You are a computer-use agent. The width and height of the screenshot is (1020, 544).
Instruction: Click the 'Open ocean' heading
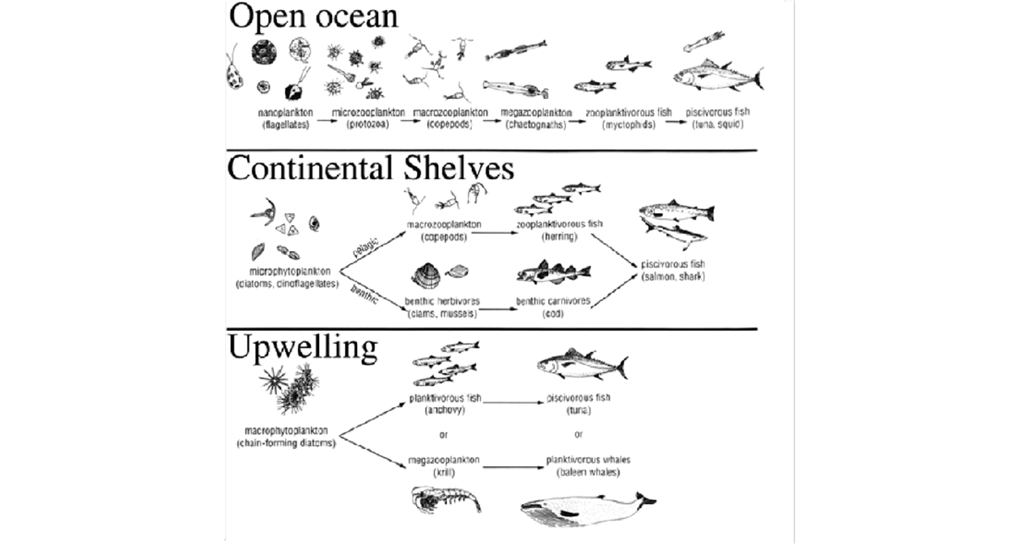(313, 16)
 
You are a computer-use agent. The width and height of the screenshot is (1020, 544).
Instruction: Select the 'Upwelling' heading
(302, 347)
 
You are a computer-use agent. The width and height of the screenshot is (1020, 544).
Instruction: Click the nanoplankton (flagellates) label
(286, 118)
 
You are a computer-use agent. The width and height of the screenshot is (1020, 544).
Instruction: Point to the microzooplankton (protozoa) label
(368, 118)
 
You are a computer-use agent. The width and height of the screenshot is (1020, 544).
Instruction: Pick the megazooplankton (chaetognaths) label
(536, 119)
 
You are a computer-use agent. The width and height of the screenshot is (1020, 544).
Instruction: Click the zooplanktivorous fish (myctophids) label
(628, 118)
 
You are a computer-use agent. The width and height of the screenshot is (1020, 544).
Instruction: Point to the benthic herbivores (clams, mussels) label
(442, 307)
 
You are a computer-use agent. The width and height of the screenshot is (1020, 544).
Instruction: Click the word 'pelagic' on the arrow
(366, 248)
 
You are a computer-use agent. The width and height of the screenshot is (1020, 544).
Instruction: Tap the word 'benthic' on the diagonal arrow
(364, 294)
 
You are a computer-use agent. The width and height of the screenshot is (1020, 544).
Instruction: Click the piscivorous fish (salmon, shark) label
(673, 270)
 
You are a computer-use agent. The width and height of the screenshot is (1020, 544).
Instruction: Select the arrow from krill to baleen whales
(512, 467)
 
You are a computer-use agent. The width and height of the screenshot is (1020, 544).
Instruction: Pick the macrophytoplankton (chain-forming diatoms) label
(286, 437)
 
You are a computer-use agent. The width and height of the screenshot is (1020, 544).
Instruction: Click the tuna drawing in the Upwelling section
(582, 364)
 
